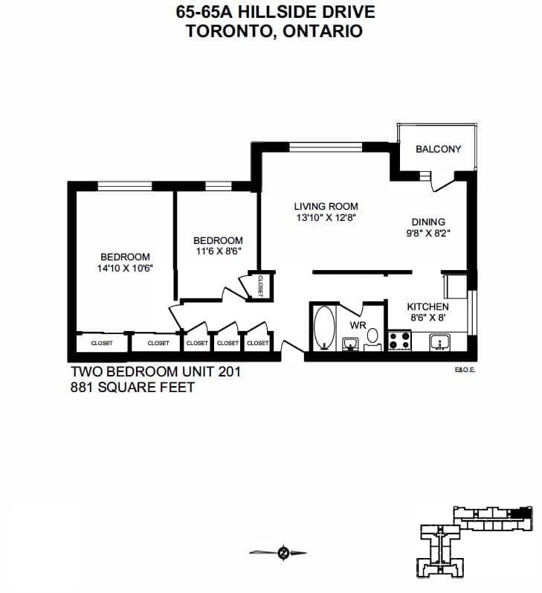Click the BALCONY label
coord(438,149)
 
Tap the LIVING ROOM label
coord(326,207)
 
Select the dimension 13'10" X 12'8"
coord(326,218)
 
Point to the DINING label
coord(428,222)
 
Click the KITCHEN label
coord(428,307)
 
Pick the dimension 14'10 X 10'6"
coord(125,269)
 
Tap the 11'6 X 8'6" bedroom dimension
coord(219,251)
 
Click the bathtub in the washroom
coord(324,328)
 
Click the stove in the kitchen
coord(400,340)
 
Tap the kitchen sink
coord(439,342)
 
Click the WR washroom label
coord(358,325)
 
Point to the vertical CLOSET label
coord(260,286)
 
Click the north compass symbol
coord(283,553)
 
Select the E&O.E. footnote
coord(465,371)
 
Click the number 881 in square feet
coord(82,387)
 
